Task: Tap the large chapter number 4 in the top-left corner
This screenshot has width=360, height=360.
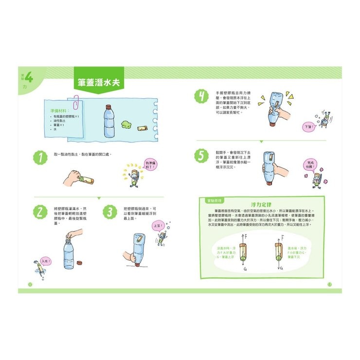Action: pyautogui.click(x=29, y=77)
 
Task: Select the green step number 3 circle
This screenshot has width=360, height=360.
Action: pyautogui.click(x=110, y=212)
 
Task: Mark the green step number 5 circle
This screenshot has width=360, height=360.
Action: pyautogui.click(x=200, y=156)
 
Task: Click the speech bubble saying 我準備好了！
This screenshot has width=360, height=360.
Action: pyautogui.click(x=151, y=165)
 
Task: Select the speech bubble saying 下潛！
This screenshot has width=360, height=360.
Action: pyautogui.click(x=308, y=126)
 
